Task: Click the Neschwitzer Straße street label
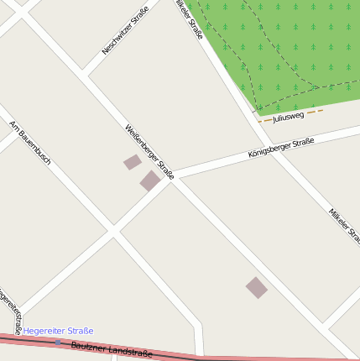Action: [119, 30]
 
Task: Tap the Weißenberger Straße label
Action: [149, 152]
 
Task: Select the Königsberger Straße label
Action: [281, 149]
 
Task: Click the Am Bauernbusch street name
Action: [31, 142]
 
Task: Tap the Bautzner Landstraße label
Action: [112, 348]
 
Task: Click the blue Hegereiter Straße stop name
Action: [58, 331]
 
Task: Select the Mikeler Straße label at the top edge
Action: [190, 19]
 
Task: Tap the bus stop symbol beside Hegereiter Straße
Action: [57, 343]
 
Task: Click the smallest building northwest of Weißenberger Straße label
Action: [133, 162]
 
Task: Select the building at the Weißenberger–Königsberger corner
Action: [149, 180]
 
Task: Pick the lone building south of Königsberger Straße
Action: [257, 288]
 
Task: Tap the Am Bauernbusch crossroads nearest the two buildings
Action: [112, 231]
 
